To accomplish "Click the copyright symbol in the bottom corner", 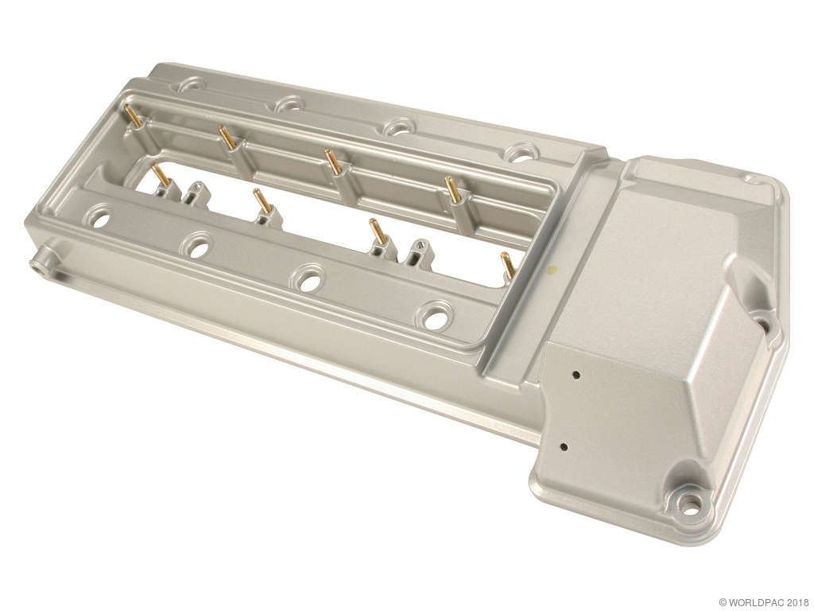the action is (723, 603).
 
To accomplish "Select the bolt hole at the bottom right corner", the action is (688, 502).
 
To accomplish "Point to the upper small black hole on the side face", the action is (576, 374).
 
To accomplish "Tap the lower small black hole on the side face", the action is (564, 446).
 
